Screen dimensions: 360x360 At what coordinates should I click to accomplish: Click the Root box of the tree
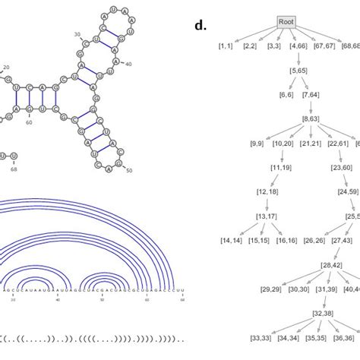click(286, 22)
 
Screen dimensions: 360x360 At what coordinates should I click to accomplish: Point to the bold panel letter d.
click(201, 25)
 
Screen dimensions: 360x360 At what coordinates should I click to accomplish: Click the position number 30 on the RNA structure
click(77, 36)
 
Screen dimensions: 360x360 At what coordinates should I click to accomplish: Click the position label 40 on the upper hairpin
click(128, 64)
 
